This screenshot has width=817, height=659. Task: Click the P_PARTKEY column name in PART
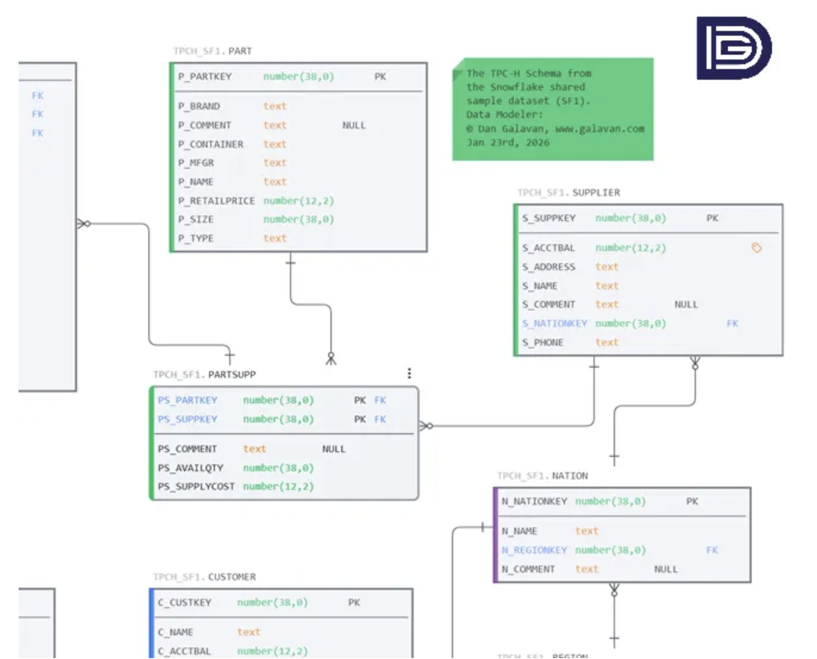click(x=205, y=77)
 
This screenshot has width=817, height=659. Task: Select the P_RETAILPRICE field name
click(x=216, y=201)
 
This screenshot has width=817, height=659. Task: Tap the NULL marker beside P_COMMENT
click(x=354, y=125)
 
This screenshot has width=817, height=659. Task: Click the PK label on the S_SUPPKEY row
click(x=712, y=218)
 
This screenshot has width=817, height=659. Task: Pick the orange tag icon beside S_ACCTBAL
click(x=756, y=248)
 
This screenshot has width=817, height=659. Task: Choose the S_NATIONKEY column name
click(x=554, y=323)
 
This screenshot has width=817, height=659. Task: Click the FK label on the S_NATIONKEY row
click(x=732, y=323)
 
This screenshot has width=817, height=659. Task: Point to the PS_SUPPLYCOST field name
click(x=196, y=486)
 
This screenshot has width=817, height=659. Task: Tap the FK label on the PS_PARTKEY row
click(x=380, y=400)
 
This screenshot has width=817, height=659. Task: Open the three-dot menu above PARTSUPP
click(x=409, y=373)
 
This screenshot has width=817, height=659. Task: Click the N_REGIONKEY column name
click(x=534, y=550)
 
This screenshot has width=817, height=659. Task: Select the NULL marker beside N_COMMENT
click(x=666, y=569)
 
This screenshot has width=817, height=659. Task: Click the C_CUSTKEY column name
click(x=184, y=602)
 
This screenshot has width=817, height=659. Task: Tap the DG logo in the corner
click(x=733, y=48)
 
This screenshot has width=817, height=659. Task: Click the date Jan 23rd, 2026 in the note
click(x=508, y=142)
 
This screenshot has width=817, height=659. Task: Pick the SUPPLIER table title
click(x=596, y=192)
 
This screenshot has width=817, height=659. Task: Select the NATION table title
click(x=569, y=476)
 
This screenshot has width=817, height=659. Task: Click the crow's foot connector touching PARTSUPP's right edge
click(x=426, y=426)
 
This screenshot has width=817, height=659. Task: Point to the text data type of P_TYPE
click(x=275, y=238)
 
